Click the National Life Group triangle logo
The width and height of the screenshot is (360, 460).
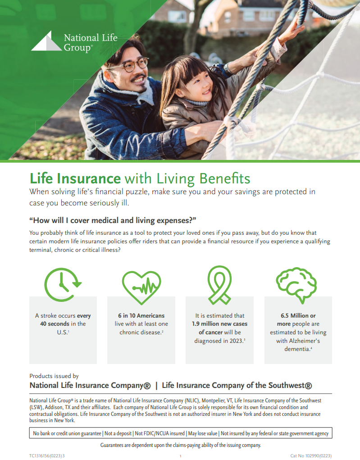click(x=46, y=41)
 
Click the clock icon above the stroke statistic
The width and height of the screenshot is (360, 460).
click(x=63, y=285)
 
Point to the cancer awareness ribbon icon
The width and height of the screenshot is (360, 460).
click(x=219, y=285)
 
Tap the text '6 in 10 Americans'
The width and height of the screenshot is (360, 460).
click(x=141, y=316)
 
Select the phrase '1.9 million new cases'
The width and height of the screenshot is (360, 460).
click(x=220, y=324)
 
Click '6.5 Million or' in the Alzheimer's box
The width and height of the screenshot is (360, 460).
click(x=298, y=316)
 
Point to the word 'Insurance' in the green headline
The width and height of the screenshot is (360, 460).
click(x=89, y=178)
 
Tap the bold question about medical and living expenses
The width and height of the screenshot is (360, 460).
click(x=113, y=220)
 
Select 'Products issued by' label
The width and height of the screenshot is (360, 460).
click(x=54, y=376)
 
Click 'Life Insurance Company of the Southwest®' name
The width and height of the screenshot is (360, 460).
click(x=237, y=386)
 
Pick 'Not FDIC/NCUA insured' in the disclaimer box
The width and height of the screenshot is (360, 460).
click(x=159, y=433)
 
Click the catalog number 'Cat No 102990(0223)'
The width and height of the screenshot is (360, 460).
click(x=311, y=456)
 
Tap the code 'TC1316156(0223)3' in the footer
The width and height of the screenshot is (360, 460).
click(x=47, y=456)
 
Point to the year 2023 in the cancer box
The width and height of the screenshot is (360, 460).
click(x=236, y=341)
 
